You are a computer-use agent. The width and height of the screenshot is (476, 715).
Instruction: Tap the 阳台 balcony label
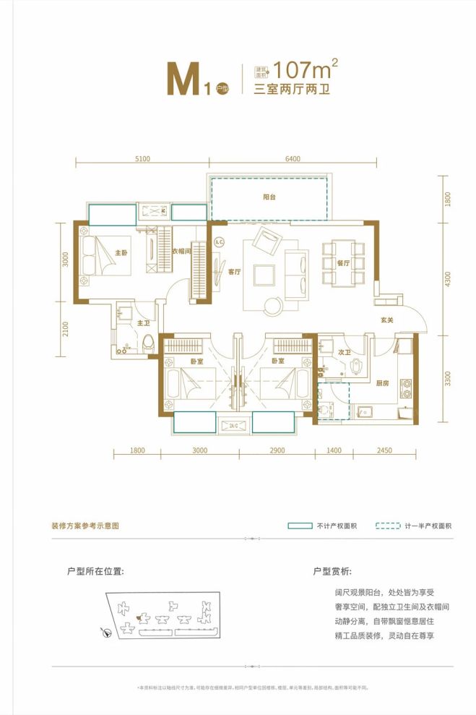[x=269, y=197]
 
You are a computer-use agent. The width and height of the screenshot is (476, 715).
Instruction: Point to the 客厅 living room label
[x=234, y=273]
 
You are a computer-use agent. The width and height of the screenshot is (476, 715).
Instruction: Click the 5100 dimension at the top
[x=142, y=159]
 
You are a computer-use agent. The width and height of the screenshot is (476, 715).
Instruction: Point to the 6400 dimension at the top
[x=293, y=159]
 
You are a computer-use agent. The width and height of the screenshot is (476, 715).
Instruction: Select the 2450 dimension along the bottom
[x=384, y=450]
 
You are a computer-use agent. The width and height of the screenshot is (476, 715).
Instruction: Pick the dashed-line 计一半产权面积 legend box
[x=387, y=526]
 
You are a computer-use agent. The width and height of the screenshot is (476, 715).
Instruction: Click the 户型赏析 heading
[x=332, y=571]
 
